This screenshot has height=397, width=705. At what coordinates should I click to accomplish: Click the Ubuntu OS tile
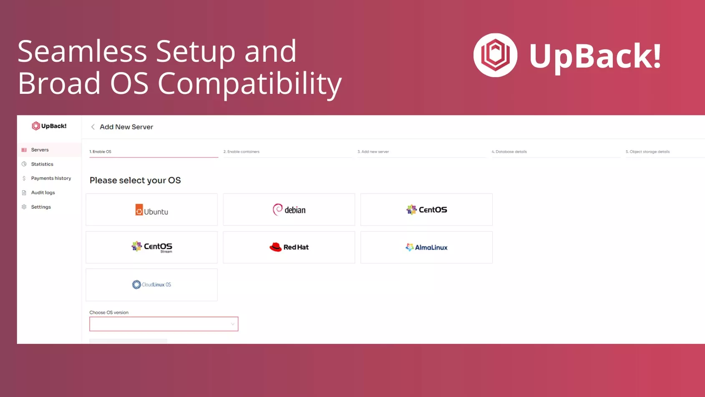point(151,210)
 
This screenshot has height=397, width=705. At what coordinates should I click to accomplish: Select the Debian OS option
point(289,210)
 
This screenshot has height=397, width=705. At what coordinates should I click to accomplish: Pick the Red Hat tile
point(289,247)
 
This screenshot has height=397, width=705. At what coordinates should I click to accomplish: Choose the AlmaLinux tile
point(426,247)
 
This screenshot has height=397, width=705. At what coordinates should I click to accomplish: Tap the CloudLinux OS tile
point(151,285)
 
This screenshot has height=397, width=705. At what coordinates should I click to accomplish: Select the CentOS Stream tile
point(151,247)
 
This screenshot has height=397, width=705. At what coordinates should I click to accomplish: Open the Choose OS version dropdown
point(164,324)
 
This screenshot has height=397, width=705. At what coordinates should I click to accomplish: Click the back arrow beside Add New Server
point(93,127)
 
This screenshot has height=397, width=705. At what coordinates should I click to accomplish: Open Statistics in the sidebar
point(42,164)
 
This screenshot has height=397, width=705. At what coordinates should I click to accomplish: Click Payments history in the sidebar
point(51,178)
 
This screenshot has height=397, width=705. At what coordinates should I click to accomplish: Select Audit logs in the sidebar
point(43,192)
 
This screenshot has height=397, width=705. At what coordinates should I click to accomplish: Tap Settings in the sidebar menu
point(41,207)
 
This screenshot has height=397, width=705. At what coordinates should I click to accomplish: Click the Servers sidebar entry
point(40,150)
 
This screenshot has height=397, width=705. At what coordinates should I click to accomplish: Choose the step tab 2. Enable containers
point(242,152)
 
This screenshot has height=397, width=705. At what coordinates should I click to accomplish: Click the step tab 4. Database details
point(509,152)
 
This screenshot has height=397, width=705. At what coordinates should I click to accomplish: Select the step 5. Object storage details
point(648,152)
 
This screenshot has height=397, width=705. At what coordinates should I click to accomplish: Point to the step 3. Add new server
point(373,152)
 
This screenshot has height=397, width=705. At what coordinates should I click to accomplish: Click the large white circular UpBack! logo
point(496,55)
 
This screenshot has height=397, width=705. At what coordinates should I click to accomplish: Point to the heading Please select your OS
point(135,180)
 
